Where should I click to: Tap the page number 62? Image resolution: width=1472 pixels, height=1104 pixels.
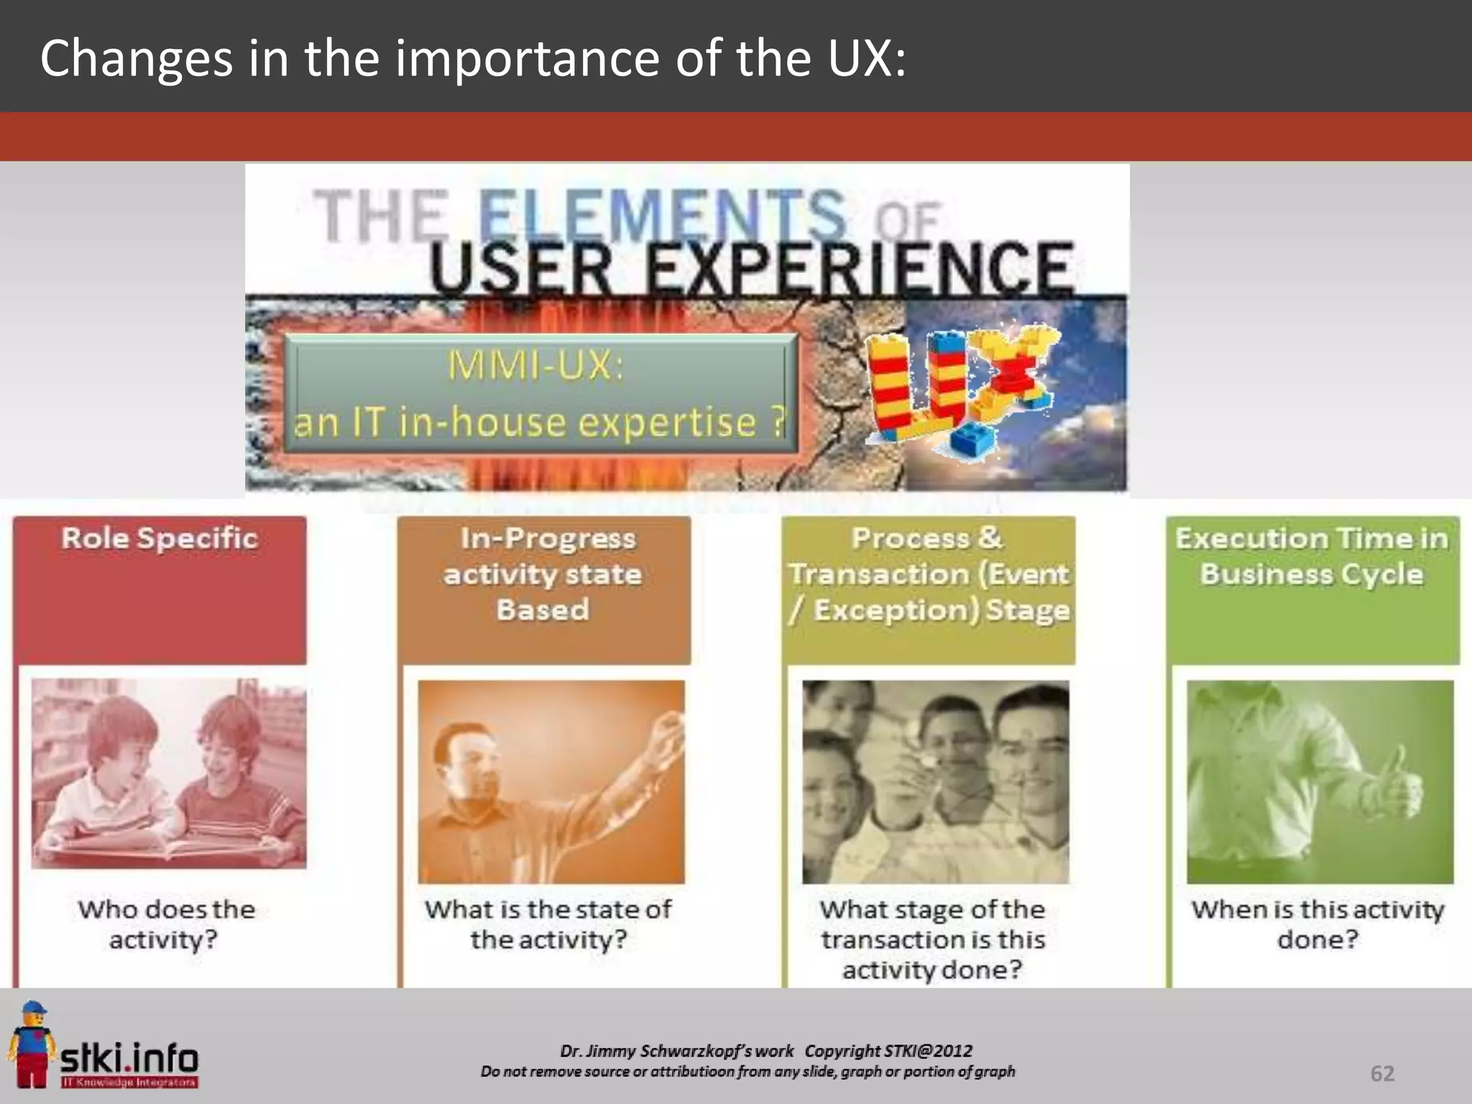point(1382,1073)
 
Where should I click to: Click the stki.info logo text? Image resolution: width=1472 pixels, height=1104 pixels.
point(129,1058)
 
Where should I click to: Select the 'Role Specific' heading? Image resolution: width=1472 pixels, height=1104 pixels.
point(160,538)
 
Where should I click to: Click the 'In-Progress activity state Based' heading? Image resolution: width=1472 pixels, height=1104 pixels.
point(543,574)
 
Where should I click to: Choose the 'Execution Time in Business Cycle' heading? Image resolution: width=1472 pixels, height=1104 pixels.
point(1312,556)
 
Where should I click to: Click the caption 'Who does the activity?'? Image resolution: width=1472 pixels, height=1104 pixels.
point(166,924)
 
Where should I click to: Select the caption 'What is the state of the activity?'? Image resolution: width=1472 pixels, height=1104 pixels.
point(548,924)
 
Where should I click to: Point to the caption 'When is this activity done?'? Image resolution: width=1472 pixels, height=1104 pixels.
point(1317,924)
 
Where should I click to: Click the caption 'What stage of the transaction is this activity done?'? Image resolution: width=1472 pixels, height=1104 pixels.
point(932,939)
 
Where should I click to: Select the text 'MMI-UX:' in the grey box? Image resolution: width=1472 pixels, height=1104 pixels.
point(536,365)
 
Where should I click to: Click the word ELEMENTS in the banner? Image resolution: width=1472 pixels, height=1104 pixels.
point(661,214)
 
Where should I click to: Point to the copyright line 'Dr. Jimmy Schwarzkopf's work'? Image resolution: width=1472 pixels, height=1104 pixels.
point(677,1051)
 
